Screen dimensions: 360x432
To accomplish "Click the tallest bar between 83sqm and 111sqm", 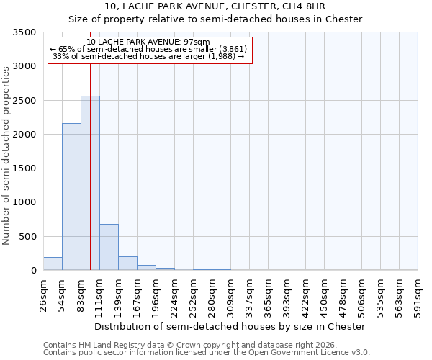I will click(x=90, y=183).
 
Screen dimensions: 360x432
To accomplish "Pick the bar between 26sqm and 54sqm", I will click(x=53, y=264).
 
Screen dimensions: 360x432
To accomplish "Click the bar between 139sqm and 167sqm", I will click(x=127, y=263).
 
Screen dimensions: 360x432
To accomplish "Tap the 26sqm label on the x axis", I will click(x=43, y=295).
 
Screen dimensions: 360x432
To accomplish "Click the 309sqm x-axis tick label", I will click(x=230, y=295).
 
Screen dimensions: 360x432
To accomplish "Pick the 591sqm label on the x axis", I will click(x=418, y=295).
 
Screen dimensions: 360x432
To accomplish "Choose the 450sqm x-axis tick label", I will click(x=324, y=295).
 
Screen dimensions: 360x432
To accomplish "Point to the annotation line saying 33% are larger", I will click(x=150, y=56).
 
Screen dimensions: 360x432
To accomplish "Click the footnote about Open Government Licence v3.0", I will click(x=207, y=353).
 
